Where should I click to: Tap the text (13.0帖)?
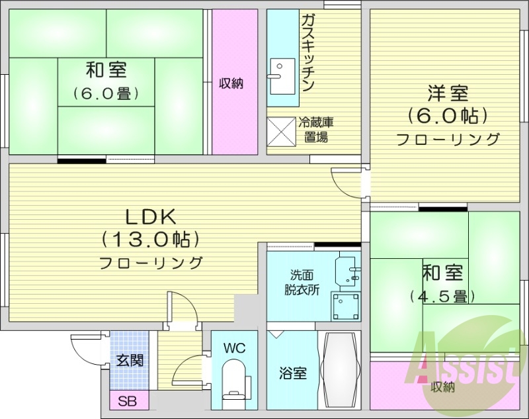point(151,238)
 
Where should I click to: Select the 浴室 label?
point(292,373)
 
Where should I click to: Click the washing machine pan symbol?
point(346,305)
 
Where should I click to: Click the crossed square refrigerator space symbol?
point(280,130)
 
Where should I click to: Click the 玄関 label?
point(130,361)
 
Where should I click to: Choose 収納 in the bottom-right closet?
point(442,387)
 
